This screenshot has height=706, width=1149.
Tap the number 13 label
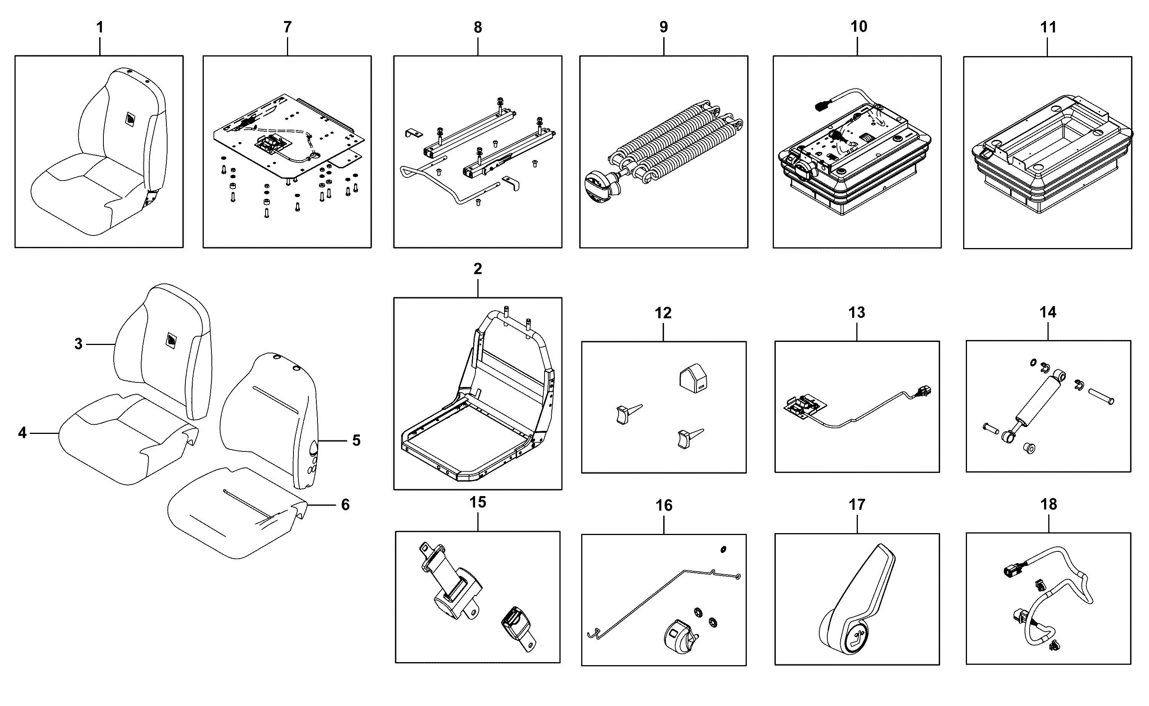[857, 313]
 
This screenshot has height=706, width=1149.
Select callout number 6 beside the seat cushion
[345, 505]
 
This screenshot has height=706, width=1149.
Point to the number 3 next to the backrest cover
[79, 344]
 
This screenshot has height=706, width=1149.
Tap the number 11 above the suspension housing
[1048, 27]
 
